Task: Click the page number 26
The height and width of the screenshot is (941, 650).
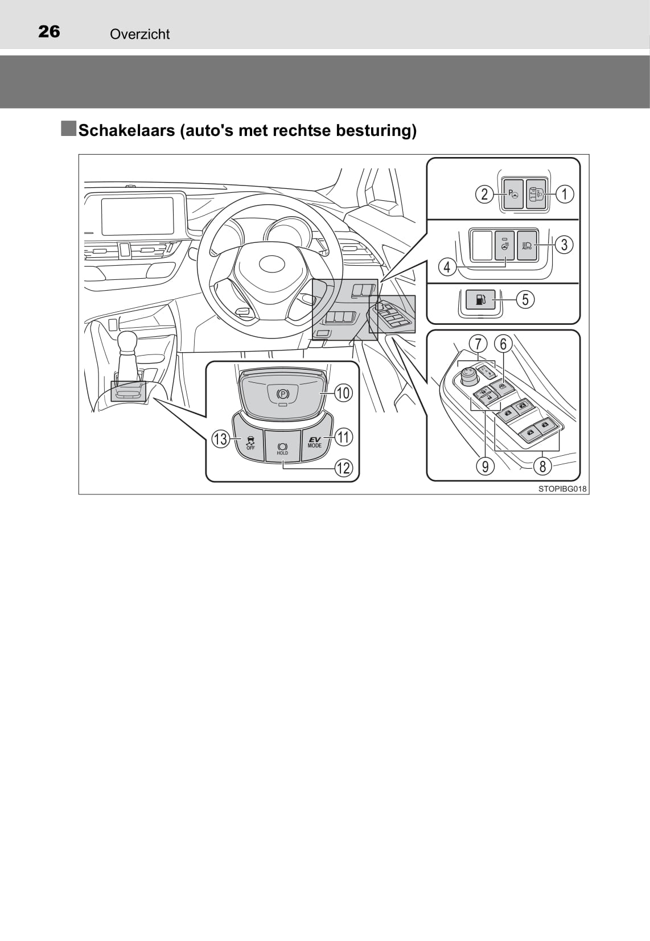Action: coord(49,31)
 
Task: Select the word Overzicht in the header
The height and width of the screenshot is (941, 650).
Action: coord(140,35)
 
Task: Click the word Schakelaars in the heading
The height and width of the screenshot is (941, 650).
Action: coord(127,131)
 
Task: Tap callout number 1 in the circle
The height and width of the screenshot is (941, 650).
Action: coord(565,194)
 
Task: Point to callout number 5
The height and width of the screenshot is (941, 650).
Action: coord(525,300)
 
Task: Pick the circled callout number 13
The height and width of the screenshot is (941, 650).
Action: coord(221,439)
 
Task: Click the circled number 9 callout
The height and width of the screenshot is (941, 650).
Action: coord(486,467)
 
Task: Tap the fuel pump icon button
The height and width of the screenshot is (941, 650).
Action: coord(481,300)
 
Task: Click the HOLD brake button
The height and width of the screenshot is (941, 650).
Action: coord(282,445)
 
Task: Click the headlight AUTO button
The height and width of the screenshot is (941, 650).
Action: coord(527,245)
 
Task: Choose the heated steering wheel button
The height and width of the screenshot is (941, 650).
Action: coord(504,245)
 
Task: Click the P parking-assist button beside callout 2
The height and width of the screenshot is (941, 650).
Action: coord(513,194)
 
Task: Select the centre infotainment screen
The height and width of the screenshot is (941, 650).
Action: coord(138,216)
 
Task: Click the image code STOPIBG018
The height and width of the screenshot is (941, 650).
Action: coord(562,489)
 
